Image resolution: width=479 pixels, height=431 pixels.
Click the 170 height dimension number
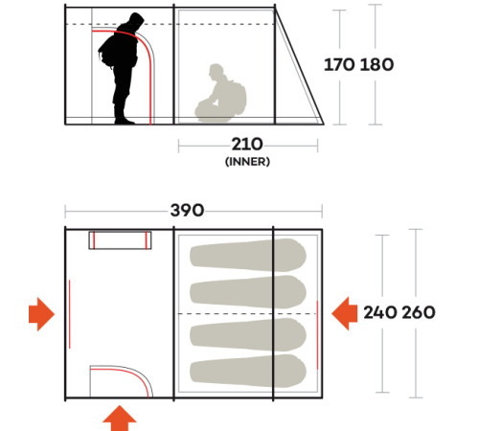tap(339, 64)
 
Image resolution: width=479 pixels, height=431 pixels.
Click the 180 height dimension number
tap(376, 64)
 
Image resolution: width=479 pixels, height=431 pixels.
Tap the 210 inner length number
tap(247, 144)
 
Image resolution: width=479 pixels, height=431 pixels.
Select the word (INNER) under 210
tap(247, 162)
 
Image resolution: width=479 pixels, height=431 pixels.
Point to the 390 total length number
tap(187, 211)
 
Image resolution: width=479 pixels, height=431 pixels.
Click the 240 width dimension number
tap(380, 312)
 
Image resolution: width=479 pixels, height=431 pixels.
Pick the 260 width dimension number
tap(419, 312)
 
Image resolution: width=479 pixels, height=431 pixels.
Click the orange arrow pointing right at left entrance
tap(41, 314)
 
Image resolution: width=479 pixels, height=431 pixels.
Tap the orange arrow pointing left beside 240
tap(345, 313)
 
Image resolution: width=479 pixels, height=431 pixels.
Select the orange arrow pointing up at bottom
tap(120, 418)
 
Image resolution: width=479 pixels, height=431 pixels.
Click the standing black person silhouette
tap(122, 69)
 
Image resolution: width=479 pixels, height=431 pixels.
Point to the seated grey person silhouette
tap(220, 93)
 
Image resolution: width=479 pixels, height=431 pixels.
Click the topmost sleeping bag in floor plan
tap(248, 255)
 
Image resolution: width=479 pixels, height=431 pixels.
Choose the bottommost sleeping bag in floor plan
tap(248, 371)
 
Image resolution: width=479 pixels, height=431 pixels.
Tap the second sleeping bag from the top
tap(248, 292)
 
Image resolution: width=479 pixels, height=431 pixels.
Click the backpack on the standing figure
tap(107, 53)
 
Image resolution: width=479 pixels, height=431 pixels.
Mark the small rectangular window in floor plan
tap(120, 240)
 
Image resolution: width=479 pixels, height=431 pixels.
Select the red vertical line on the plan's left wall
tap(70, 314)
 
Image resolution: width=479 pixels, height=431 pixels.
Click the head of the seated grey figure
tap(216, 71)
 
